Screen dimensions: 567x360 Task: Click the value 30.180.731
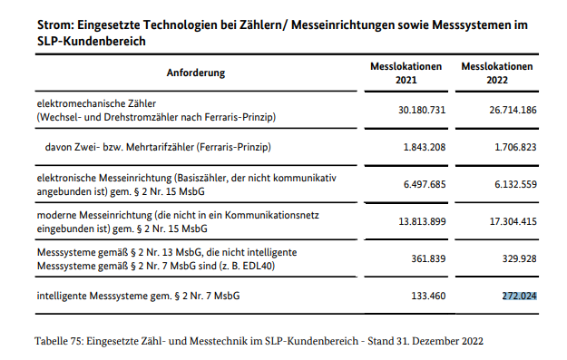pyautogui.click(x=416, y=110)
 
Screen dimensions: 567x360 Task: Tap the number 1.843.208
pyautogui.click(x=420, y=146)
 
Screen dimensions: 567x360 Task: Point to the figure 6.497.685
pyautogui.click(x=420, y=183)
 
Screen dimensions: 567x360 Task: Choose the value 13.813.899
pyautogui.click(x=416, y=221)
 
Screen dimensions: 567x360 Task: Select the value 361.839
pyautogui.click(x=424, y=258)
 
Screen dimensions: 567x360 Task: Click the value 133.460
pyautogui.click(x=424, y=295)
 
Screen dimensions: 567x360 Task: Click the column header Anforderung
pyautogui.click(x=196, y=73)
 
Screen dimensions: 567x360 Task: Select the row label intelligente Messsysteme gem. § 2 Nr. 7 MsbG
pyautogui.click(x=137, y=295)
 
